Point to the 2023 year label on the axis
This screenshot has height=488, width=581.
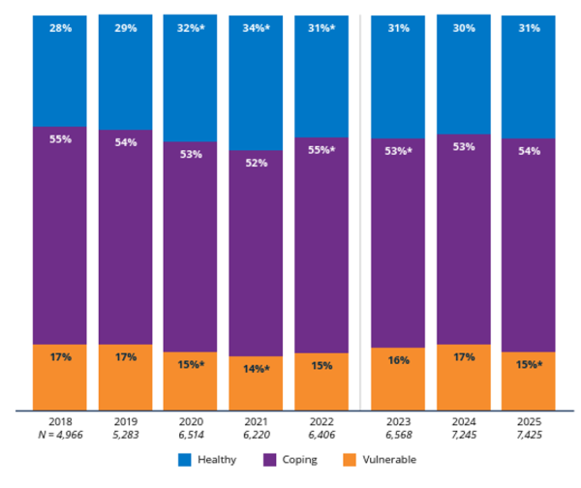397,424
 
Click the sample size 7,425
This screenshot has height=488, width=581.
528,438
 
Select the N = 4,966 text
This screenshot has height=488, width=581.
59,438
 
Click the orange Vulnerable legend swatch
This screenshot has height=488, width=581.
352,460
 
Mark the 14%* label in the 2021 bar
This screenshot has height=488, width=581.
257,369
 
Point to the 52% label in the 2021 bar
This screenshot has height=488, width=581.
257,163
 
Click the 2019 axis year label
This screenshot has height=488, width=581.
125,424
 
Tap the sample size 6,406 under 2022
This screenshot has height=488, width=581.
321,438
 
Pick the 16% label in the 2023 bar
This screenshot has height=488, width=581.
397,360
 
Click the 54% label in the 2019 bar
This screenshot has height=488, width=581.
125,142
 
